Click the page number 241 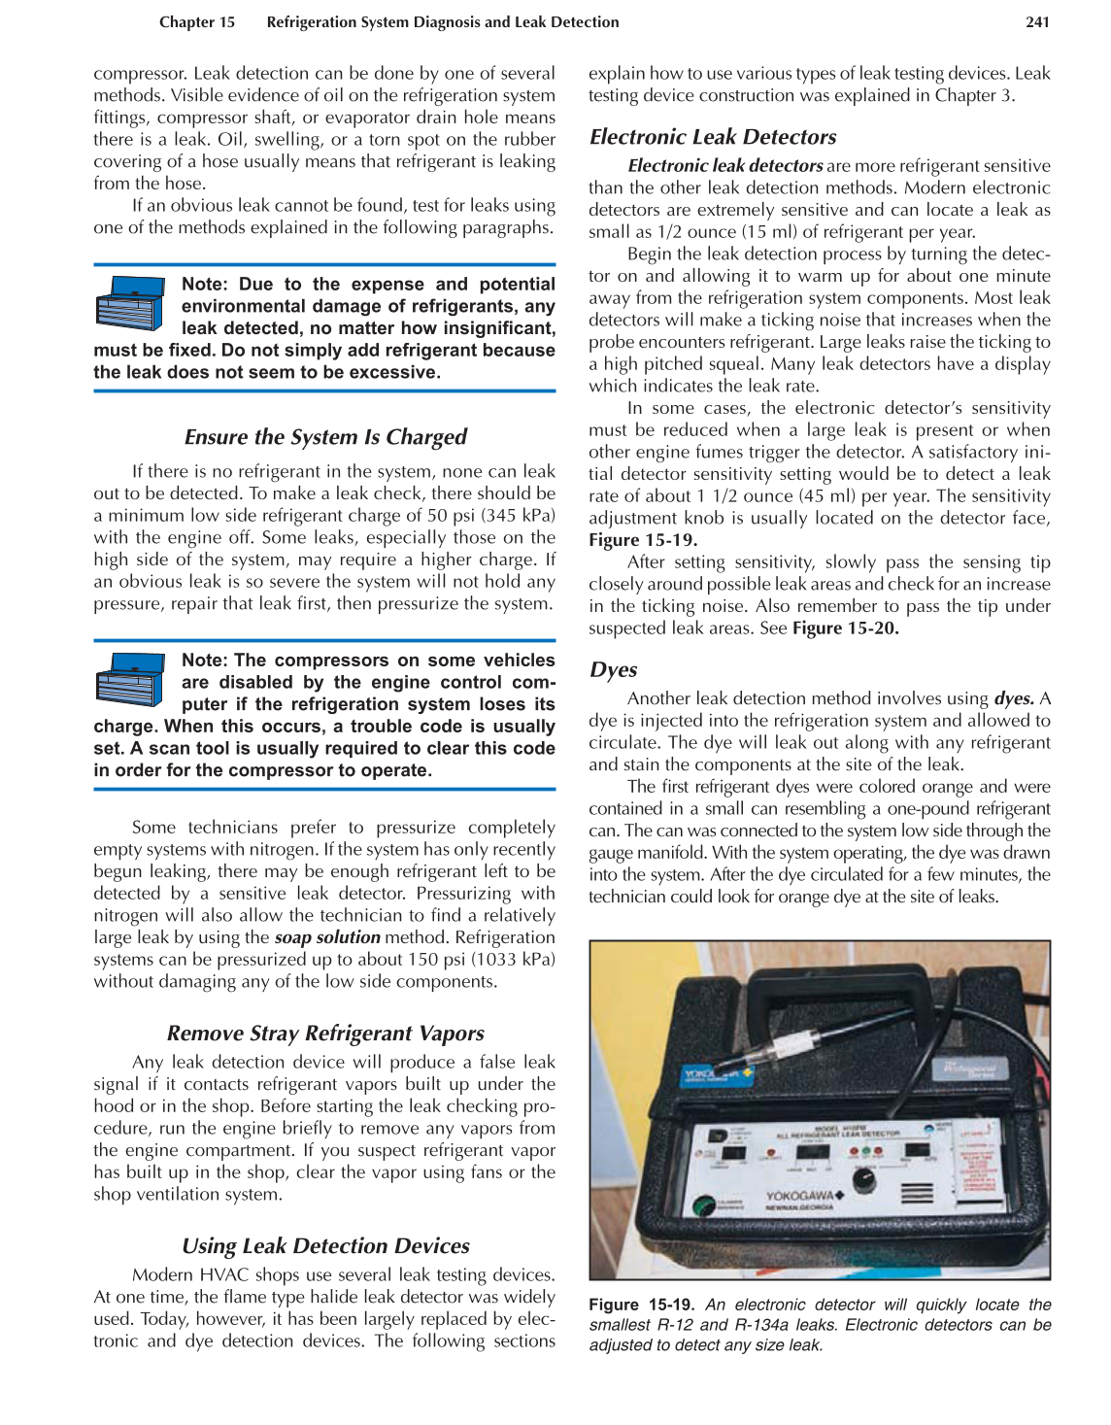[x=1037, y=22]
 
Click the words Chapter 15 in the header [x=197, y=22]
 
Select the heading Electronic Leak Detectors [x=712, y=137]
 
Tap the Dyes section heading [x=613, y=669]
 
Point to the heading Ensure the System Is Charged [x=325, y=437]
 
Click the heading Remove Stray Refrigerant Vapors [x=325, y=1033]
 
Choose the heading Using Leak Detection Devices [x=325, y=1245]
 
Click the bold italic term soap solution [x=327, y=937]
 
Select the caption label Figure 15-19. [x=641, y=1305]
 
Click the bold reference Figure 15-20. [x=845, y=628]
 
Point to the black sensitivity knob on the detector [x=863, y=1180]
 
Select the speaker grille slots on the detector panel [x=918, y=1192]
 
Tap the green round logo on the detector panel [x=702, y=1205]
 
